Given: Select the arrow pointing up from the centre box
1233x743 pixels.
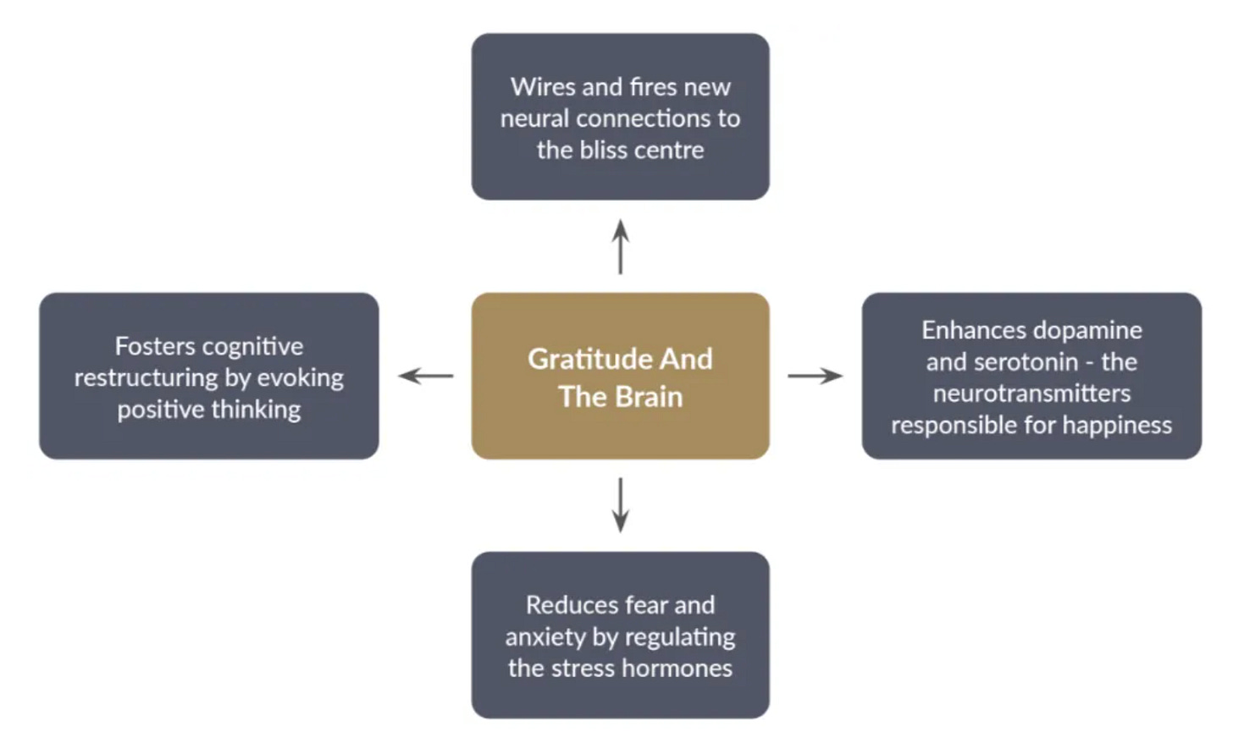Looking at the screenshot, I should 621,246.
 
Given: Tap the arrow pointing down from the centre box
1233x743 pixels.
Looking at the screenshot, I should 621,505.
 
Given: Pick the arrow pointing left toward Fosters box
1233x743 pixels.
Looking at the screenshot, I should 425,376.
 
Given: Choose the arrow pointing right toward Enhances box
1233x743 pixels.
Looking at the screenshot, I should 815,376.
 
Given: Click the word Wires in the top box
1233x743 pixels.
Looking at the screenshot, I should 543,87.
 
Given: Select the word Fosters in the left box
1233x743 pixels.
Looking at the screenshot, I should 153,346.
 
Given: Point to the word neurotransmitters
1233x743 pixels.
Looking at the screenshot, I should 1031,394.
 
